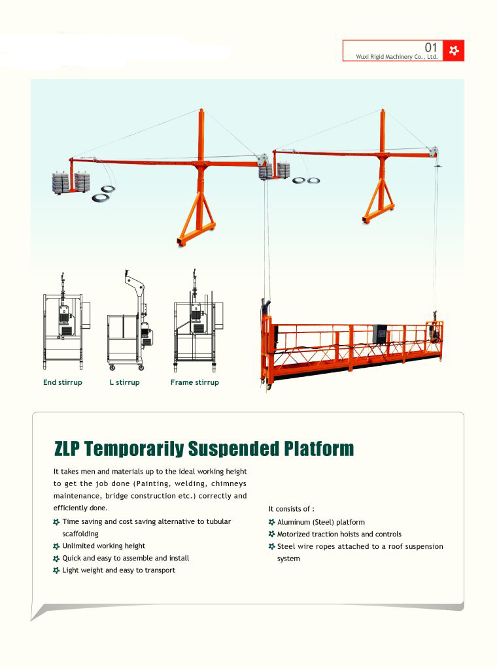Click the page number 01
click(430, 47)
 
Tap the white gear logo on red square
click(453, 50)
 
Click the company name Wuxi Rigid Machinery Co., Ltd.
click(396, 57)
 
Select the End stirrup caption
click(63, 382)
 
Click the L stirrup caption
click(124, 382)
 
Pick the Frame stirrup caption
click(194, 382)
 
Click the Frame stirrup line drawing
click(197, 323)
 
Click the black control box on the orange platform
click(379, 334)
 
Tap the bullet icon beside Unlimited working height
click(56, 546)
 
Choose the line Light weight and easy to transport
click(118, 570)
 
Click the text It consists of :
click(291, 508)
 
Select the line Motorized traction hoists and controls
click(339, 534)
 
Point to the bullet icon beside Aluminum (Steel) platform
click(272, 522)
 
